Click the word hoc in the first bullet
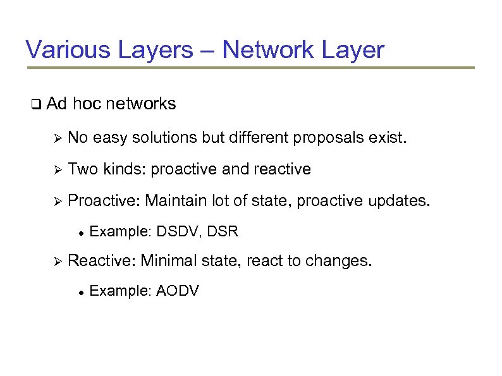point(87,104)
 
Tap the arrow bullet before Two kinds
point(56,169)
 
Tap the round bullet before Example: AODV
point(81,292)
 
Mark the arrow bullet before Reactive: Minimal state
point(56,261)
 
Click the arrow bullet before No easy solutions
point(56,137)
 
